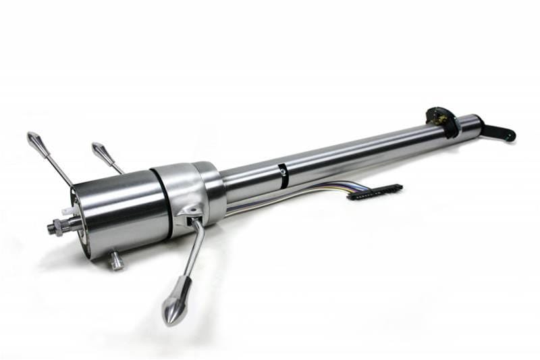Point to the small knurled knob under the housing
click(x=117, y=259)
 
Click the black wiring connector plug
click(x=375, y=192)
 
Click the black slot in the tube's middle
click(x=283, y=175)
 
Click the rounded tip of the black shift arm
click(x=510, y=135)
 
